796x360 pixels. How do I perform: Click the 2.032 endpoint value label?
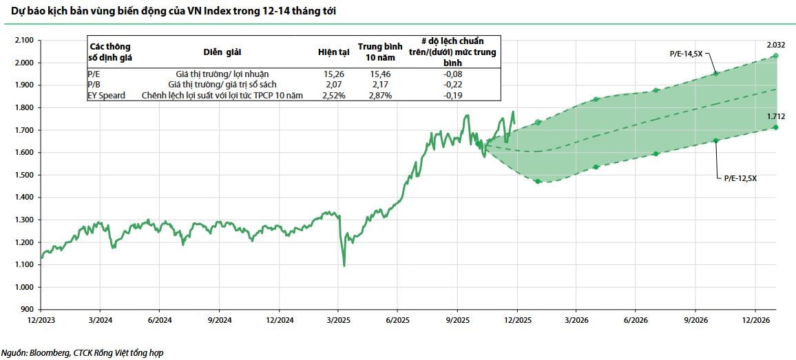(x=777, y=45)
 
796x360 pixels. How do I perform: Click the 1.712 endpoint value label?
(x=777, y=116)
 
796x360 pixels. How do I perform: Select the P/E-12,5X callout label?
(x=740, y=178)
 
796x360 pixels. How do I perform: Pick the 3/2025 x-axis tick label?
(x=337, y=321)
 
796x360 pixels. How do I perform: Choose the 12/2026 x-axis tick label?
(x=755, y=321)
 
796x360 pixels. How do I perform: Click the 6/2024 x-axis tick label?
(x=159, y=321)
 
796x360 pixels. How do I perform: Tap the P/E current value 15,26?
(x=333, y=73)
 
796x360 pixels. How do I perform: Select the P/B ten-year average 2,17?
(x=379, y=84)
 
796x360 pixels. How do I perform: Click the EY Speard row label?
(x=107, y=95)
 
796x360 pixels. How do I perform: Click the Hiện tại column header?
(x=333, y=52)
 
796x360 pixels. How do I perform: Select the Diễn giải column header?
(x=222, y=52)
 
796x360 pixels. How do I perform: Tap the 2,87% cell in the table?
(x=379, y=95)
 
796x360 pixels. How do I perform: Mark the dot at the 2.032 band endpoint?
(x=776, y=56)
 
